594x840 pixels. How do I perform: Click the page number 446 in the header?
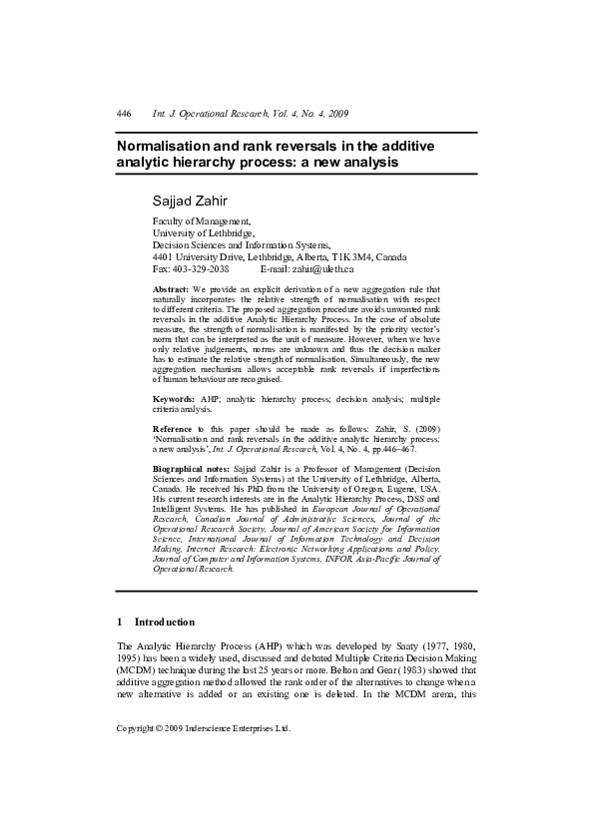(x=124, y=116)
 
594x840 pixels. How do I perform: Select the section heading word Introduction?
(x=166, y=622)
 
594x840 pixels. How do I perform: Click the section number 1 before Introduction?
(x=120, y=622)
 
